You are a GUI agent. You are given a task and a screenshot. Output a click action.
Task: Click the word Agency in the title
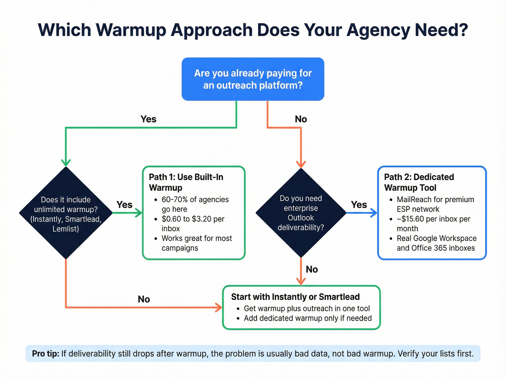click(378, 30)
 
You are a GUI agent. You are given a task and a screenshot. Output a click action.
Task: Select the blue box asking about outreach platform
click(253, 79)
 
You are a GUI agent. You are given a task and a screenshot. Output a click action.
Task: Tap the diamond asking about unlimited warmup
click(66, 213)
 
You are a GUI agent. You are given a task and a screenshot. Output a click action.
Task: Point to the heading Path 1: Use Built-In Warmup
click(186, 182)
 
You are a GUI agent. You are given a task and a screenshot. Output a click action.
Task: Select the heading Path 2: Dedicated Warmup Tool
click(419, 182)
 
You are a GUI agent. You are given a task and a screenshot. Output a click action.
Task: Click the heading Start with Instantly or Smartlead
click(295, 297)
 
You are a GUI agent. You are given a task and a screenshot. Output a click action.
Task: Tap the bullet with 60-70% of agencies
click(195, 204)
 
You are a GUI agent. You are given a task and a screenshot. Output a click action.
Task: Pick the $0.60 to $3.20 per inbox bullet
click(193, 224)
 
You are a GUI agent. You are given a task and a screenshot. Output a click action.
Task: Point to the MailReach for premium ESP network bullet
click(435, 204)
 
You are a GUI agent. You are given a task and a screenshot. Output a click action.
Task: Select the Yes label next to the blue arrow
click(359, 205)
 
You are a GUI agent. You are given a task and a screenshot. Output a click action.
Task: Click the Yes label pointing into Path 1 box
click(124, 205)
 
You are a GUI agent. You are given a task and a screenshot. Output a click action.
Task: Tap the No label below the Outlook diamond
click(312, 269)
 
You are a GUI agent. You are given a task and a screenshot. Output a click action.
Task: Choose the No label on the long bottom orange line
click(144, 299)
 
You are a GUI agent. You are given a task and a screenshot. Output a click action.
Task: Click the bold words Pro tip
click(46, 353)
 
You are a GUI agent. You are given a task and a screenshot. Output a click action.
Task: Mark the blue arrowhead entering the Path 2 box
click(374, 213)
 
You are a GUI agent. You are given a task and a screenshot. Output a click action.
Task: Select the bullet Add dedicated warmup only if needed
click(308, 318)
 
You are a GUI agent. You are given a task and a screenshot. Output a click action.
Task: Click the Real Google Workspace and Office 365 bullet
click(436, 243)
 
